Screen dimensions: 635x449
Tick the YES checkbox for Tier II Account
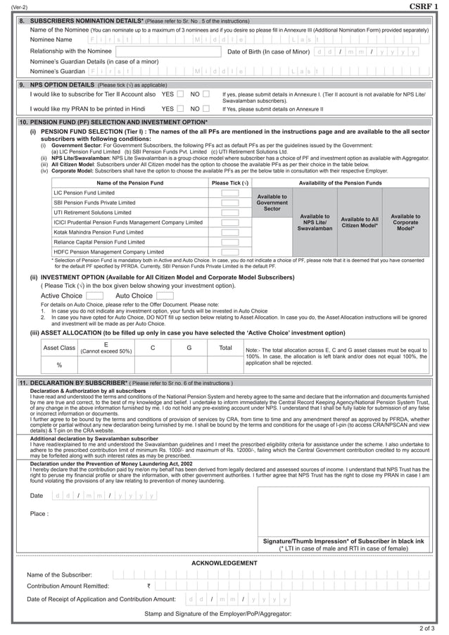pos(181,94)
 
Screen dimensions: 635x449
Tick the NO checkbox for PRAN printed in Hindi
pos(208,109)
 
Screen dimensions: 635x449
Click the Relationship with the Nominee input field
pos(166,51)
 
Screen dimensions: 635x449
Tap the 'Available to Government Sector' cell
pos(272,202)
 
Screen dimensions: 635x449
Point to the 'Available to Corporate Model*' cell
pos(405,222)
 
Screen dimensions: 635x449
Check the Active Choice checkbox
pos(94,296)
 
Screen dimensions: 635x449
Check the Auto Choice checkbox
pos(164,296)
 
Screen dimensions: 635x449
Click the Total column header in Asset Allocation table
pos(225,348)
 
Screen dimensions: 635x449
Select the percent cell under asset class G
pos(189,365)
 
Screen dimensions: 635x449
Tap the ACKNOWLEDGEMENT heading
pos(224,563)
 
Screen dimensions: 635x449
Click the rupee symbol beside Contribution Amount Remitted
pos(148,585)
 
